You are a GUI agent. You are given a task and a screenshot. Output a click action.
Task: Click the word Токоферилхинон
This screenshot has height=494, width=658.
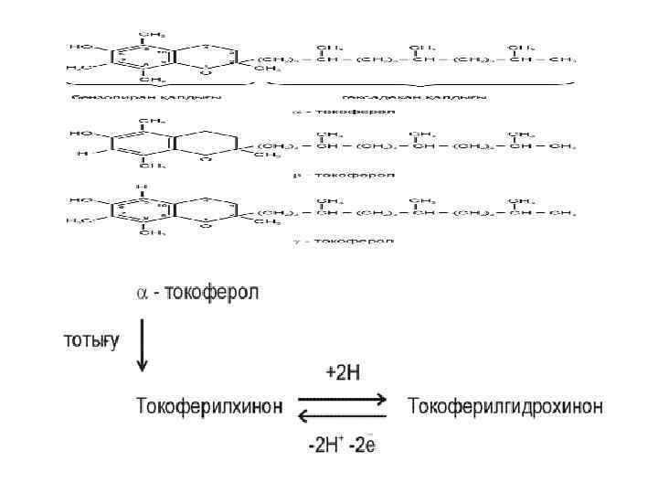209,405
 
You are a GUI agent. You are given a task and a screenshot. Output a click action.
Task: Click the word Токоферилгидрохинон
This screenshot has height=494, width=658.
504,405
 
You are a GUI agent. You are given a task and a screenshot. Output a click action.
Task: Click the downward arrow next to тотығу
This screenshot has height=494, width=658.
142,346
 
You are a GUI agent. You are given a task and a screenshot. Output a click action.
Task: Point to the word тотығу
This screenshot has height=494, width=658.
90,341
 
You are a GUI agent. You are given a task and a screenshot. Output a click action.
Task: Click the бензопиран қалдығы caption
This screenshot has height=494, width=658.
148,95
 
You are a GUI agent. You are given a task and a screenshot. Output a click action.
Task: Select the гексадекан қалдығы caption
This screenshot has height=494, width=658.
413,95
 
